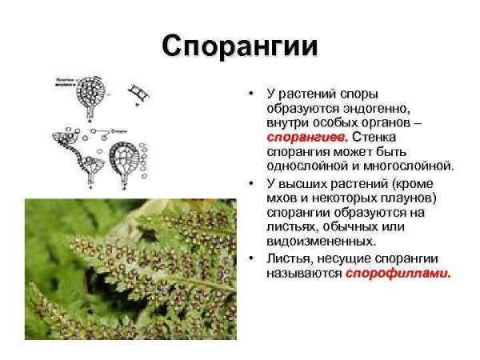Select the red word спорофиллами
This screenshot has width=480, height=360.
click(x=398, y=274)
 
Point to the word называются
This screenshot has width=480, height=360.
click(x=304, y=274)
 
